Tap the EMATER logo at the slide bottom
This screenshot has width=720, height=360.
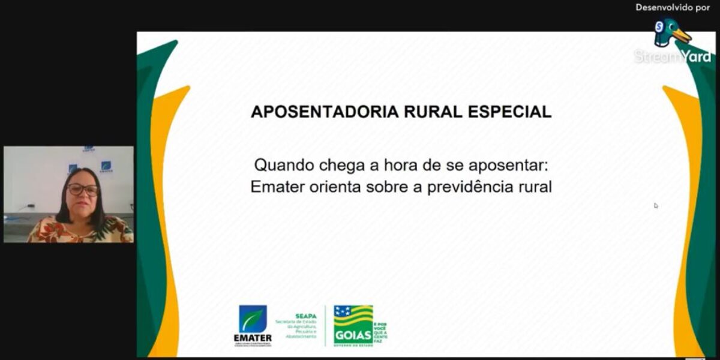tap(253, 325)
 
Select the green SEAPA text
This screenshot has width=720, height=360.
tap(305, 315)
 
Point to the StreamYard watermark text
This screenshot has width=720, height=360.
tap(672, 56)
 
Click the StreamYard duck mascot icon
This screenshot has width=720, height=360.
tap(670, 33)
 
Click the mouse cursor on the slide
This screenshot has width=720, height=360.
tap(656, 205)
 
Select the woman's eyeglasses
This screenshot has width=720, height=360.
tap(83, 190)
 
